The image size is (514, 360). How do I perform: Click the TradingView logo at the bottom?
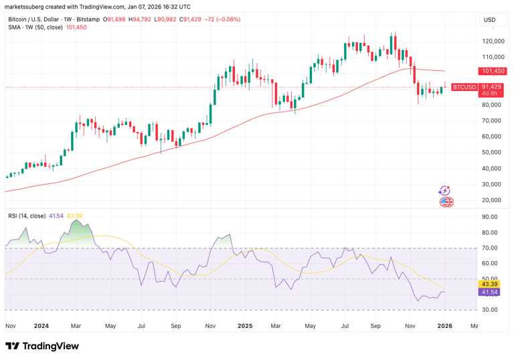click(x=42, y=346)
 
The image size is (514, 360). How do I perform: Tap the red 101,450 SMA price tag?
click(x=492, y=71)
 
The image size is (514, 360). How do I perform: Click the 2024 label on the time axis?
click(x=41, y=326)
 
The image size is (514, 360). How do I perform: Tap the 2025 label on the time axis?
click(x=244, y=326)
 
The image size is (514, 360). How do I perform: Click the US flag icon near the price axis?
click(x=446, y=201)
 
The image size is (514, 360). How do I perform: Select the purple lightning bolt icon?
click(x=444, y=191)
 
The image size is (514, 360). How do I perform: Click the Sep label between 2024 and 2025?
click(x=177, y=326)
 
